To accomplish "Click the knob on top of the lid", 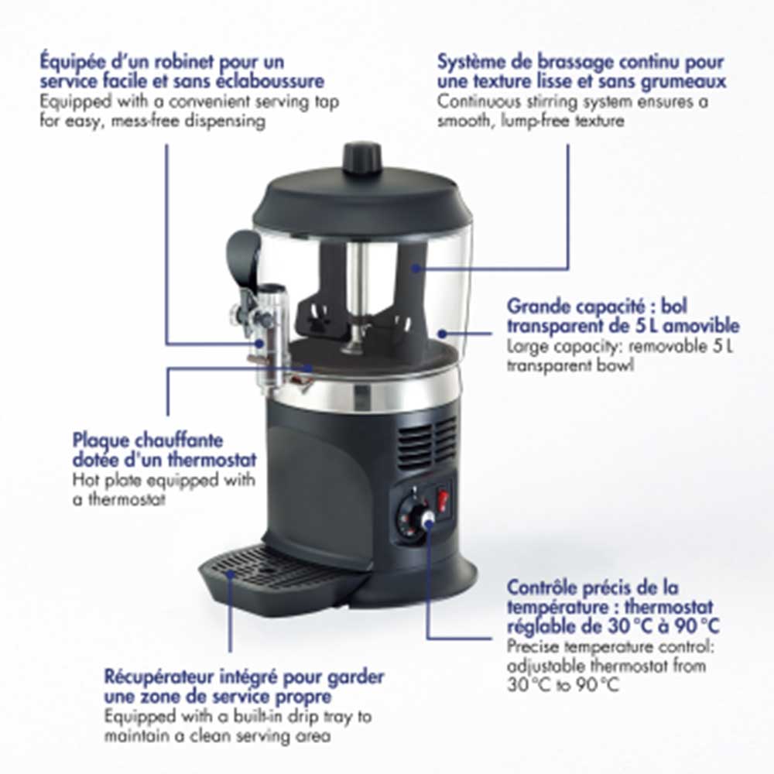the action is pyautogui.click(x=362, y=157).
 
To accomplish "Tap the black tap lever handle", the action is pyautogui.click(x=244, y=257).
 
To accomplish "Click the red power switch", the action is pyautogui.click(x=444, y=497).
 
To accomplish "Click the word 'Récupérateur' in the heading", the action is pyautogui.click(x=159, y=677).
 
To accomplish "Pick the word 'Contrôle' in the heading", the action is pyautogui.click(x=543, y=587).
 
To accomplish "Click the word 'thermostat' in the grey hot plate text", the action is pyautogui.click(x=126, y=499).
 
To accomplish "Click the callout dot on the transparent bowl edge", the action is pyautogui.click(x=442, y=334).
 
